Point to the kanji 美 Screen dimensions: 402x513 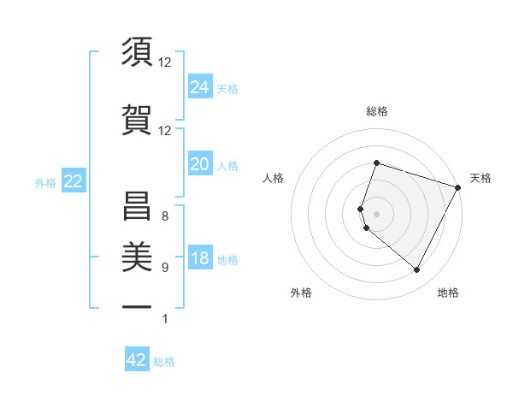tap(137, 255)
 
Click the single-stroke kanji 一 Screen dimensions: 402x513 tap(137, 305)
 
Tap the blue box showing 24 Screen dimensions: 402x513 tap(200, 86)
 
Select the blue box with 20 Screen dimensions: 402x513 tap(200, 164)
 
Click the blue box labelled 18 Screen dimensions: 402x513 tap(200, 259)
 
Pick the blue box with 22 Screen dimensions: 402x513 tap(73, 181)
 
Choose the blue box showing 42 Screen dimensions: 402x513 tap(137, 360)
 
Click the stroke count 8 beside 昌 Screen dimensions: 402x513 tap(164, 216)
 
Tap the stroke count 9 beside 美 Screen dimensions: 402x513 tap(164, 268)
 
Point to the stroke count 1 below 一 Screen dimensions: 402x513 tap(164, 319)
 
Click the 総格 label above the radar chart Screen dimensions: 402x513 tap(376, 111)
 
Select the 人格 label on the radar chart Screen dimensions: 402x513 tap(274, 178)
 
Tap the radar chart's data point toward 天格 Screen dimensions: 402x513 tap(458, 187)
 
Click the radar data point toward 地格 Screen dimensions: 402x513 tap(416, 270)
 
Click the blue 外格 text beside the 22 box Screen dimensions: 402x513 tap(45, 182)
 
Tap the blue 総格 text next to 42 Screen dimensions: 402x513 tap(164, 361)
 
